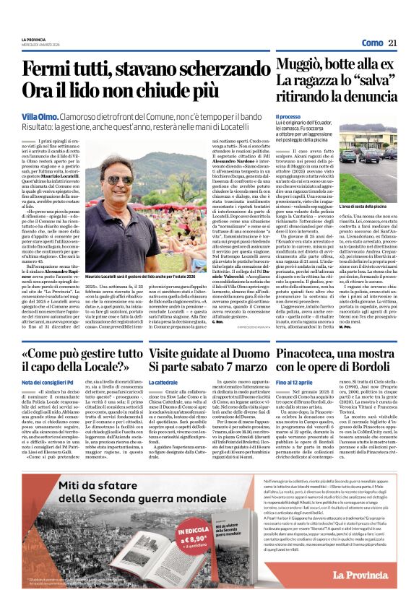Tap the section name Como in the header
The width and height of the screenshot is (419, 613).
(372, 43)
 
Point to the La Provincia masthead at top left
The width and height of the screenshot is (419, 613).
(33, 39)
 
